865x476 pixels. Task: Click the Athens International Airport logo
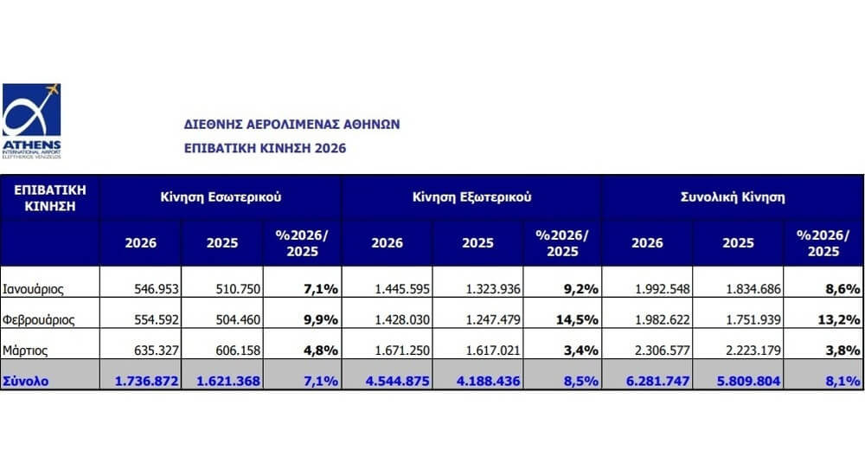tap(31, 121)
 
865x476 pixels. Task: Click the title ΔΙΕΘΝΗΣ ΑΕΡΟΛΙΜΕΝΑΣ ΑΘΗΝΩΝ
tap(292, 125)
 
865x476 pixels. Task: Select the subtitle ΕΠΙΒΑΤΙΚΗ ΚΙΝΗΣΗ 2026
tap(265, 148)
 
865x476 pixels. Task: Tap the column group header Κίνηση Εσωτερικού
tap(221, 197)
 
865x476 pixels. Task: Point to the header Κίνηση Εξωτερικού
tap(471, 197)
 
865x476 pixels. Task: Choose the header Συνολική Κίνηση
tap(733, 197)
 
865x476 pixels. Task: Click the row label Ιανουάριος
tap(33, 289)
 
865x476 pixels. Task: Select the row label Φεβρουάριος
tap(39, 319)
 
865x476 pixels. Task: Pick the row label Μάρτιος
tap(25, 351)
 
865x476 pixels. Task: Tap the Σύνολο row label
tap(25, 381)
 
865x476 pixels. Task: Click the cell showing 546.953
tap(157, 289)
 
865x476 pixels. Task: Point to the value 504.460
tap(239, 319)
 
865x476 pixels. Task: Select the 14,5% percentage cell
tap(577, 319)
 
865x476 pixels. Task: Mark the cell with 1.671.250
tap(402, 351)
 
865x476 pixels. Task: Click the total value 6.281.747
tap(657, 381)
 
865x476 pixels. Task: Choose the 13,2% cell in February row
tap(838, 319)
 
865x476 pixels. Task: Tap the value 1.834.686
tap(753, 289)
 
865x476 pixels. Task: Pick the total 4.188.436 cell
tap(488, 381)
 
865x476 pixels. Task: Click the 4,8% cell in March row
tap(321, 351)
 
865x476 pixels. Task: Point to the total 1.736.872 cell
tap(147, 381)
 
